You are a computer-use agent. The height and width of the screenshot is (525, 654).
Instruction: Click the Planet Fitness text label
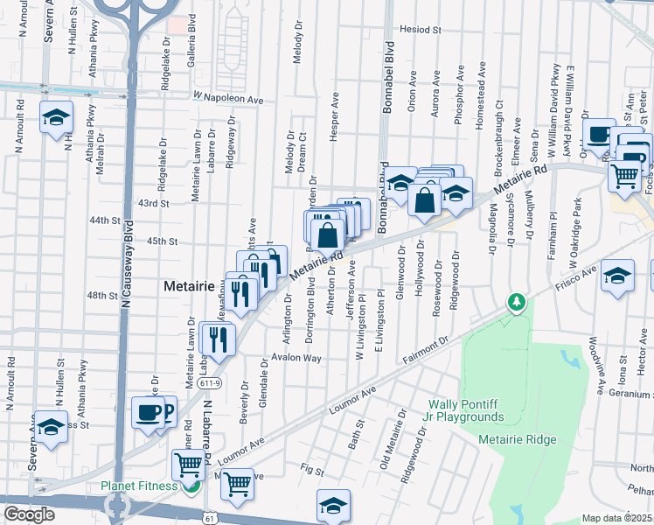139,486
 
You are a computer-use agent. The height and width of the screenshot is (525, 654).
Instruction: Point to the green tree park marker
517,303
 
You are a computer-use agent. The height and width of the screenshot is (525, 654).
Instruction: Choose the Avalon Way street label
296,358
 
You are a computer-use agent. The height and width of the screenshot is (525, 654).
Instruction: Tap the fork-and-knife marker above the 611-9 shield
217,337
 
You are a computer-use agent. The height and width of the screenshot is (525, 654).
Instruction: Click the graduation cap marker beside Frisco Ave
618,276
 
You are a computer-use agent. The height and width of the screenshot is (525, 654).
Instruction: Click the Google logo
29,514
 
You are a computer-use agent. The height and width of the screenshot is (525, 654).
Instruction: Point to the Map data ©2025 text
616,518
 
